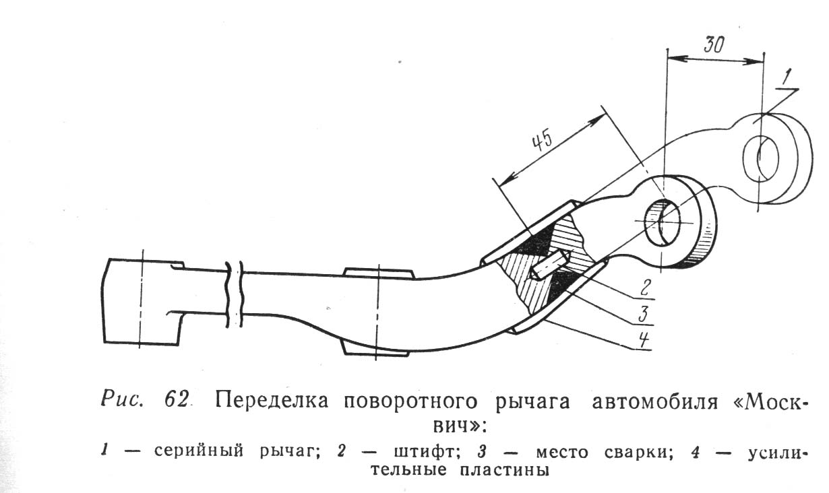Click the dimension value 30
pyautogui.click(x=714, y=45)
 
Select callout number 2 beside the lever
pyautogui.click(x=645, y=287)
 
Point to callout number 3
pyautogui.click(x=643, y=314)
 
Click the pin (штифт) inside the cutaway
pyautogui.click(x=548, y=265)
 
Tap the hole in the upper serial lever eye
pyautogui.click(x=761, y=159)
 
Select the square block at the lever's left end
pyautogui.click(x=142, y=302)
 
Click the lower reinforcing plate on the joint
pyautogui.click(x=559, y=296)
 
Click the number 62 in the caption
pyautogui.click(x=177, y=400)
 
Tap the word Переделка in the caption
pyautogui.click(x=271, y=400)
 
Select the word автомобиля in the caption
pyautogui.click(x=654, y=401)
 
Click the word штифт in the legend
pyautogui.click(x=425, y=451)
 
